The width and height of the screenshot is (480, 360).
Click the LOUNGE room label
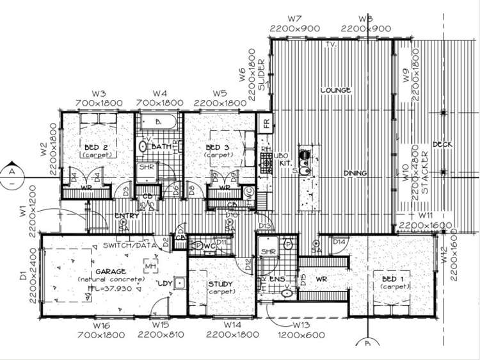pos(335,90)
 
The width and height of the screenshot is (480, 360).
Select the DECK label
pos(442,144)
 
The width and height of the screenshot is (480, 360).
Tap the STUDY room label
pos(221,284)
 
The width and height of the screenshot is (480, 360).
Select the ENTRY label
pos(127,216)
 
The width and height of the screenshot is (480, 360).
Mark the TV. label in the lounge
pos(331,45)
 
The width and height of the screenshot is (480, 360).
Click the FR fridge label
pos(264,122)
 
